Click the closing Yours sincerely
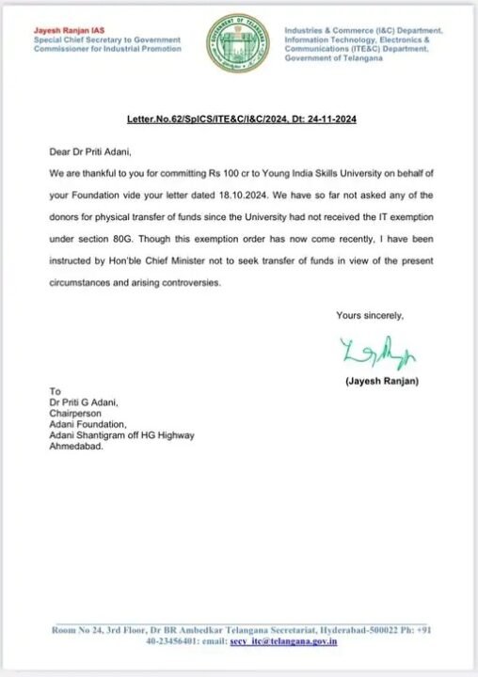(370, 314)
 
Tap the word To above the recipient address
(55, 391)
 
